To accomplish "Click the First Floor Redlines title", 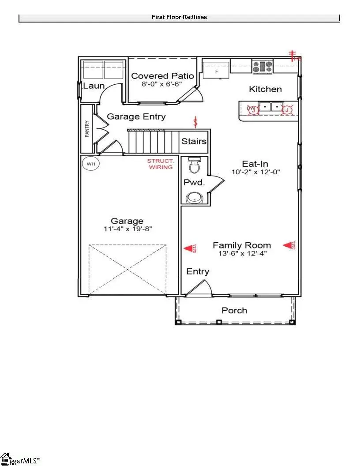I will (179, 17).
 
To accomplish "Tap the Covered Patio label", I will (162, 76).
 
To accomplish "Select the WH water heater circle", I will (91, 164).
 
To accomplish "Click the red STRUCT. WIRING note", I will (161, 164).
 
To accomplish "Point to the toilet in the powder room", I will (194, 165).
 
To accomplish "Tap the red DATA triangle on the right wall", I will (289, 245).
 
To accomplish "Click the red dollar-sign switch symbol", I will (196, 121).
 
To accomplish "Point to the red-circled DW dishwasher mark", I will (251, 109).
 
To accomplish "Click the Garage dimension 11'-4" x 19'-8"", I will (127, 229).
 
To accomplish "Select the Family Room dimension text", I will (242, 253).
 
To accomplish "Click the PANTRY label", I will (87, 129).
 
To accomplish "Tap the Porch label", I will (234, 311).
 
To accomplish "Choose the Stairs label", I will (194, 141).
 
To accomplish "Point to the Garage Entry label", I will (137, 116).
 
